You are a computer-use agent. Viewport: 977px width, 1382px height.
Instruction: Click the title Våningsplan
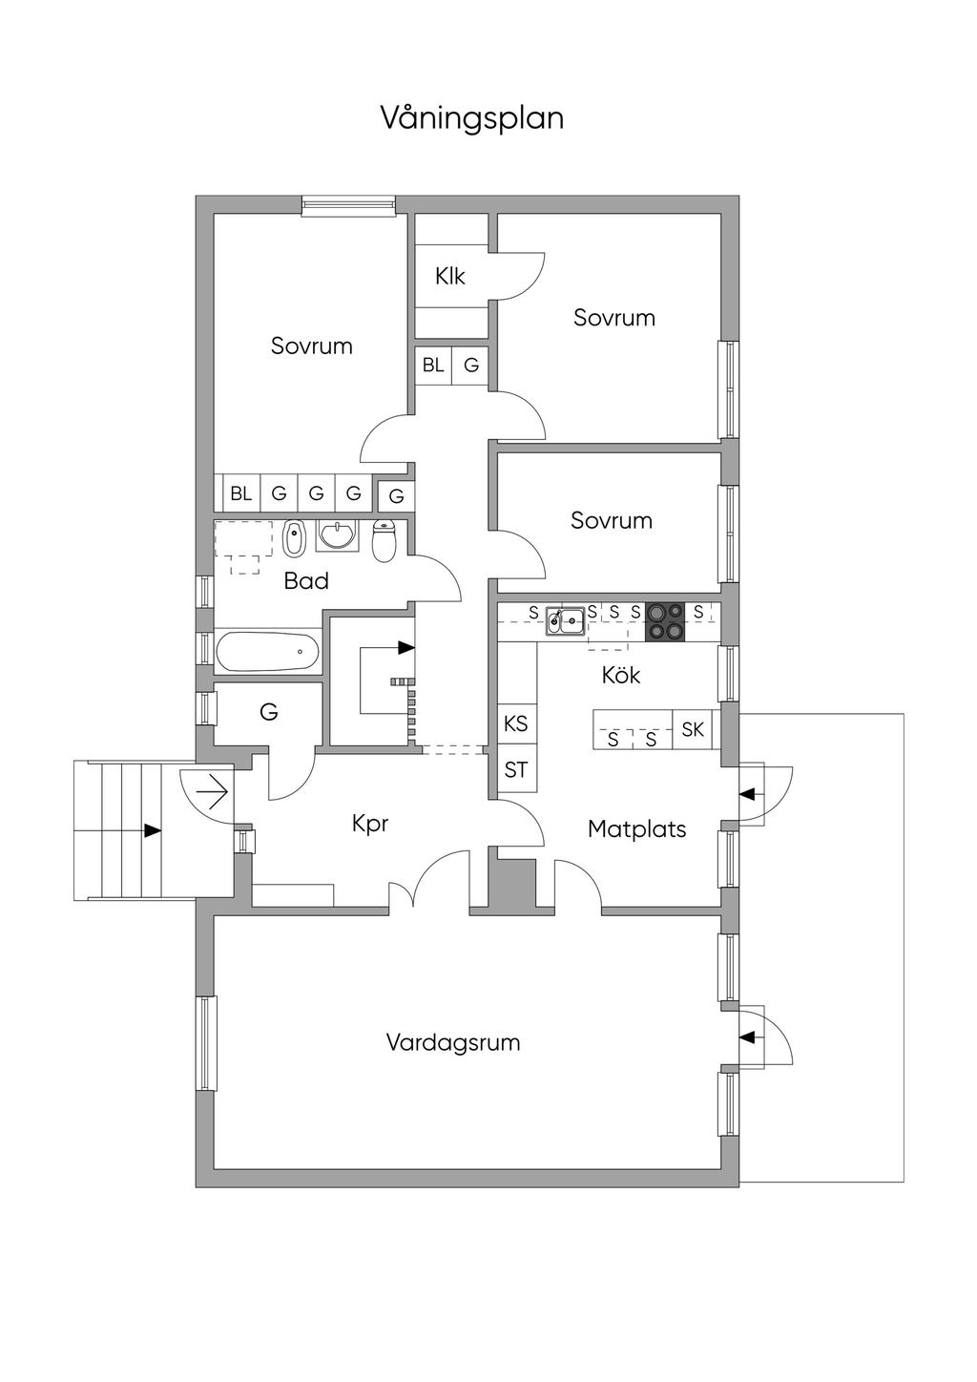click(x=472, y=118)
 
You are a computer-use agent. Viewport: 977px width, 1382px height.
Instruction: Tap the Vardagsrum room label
click(x=453, y=1041)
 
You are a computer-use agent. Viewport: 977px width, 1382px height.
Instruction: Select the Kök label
click(x=621, y=675)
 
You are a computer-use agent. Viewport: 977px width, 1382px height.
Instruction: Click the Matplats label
click(x=636, y=828)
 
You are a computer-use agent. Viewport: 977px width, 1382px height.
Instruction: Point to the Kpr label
click(x=370, y=823)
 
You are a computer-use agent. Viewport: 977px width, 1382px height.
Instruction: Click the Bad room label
click(x=306, y=580)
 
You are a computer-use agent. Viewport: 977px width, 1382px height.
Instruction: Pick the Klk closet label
click(x=450, y=276)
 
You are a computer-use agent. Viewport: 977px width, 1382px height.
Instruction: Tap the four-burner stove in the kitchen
click(x=665, y=621)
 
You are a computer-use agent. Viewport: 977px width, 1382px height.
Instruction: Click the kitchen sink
click(x=566, y=622)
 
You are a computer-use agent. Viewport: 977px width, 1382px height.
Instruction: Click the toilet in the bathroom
click(x=384, y=541)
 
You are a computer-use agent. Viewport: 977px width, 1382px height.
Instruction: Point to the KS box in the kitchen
click(x=515, y=723)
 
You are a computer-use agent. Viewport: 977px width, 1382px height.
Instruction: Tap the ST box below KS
click(x=515, y=769)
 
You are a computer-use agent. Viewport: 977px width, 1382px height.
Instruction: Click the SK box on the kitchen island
click(x=693, y=729)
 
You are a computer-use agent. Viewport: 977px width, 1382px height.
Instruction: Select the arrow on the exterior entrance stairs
click(x=152, y=830)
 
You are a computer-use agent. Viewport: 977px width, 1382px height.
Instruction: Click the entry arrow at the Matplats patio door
click(x=747, y=793)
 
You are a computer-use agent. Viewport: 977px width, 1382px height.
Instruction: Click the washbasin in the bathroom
click(x=336, y=535)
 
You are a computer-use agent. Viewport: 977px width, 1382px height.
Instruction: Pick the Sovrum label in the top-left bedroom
click(x=312, y=345)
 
